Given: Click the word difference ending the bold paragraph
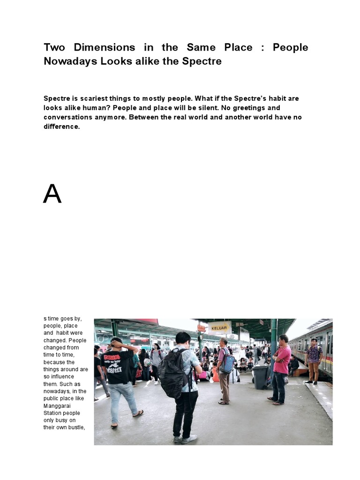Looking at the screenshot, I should (x=62, y=127).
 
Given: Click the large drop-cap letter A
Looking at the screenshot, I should (x=52, y=194).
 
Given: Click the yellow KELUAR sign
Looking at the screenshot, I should (x=219, y=328).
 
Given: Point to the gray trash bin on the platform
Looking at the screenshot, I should (x=260, y=377).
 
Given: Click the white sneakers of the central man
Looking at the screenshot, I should (x=185, y=440).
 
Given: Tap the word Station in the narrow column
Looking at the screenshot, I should (x=54, y=413).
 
